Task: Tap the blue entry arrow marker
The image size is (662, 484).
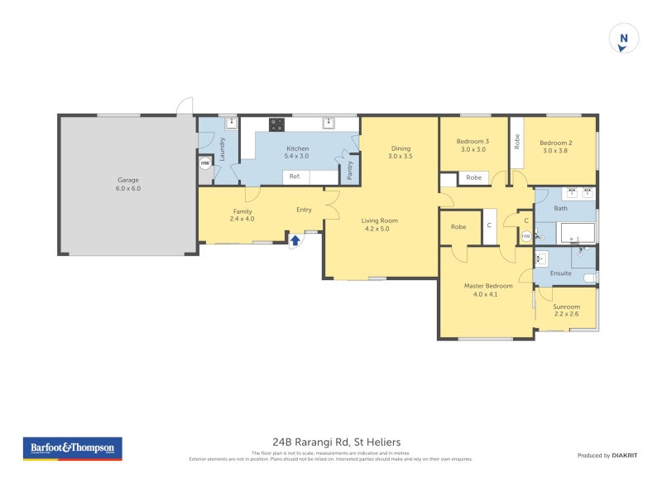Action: (x=295, y=241)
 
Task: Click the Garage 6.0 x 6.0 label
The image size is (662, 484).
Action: (x=127, y=184)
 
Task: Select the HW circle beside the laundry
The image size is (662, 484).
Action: (x=204, y=163)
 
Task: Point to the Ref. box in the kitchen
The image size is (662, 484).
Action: (x=295, y=177)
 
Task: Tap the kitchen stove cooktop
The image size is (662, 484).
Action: (x=276, y=125)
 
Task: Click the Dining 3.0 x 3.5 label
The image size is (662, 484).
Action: (x=400, y=152)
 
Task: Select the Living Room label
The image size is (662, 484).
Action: (x=381, y=224)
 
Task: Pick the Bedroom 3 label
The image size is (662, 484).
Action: (x=473, y=145)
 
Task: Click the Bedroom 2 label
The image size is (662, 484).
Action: (x=556, y=146)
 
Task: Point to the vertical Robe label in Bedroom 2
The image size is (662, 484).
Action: (x=517, y=142)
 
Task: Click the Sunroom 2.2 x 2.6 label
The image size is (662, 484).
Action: (x=567, y=311)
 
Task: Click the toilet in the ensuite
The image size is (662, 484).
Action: (x=589, y=277)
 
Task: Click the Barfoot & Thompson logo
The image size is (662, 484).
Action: (x=71, y=448)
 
